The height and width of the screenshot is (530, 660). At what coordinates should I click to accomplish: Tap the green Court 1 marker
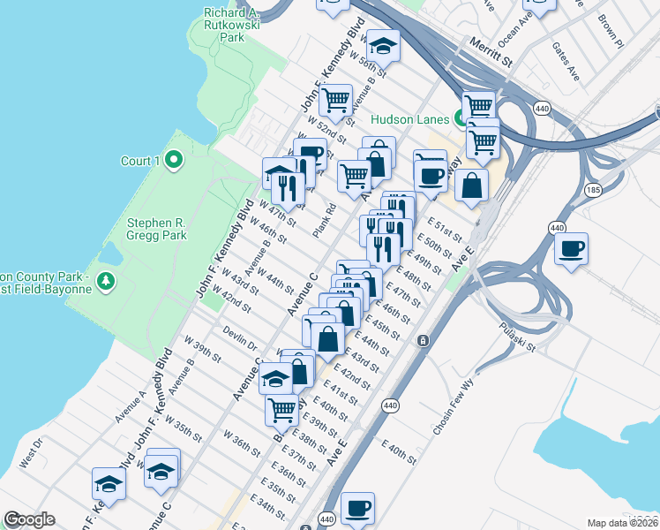(x=174, y=160)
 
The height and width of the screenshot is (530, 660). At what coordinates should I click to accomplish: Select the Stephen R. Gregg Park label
(x=156, y=230)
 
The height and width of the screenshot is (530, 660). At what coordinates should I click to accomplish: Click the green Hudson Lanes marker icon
(x=459, y=118)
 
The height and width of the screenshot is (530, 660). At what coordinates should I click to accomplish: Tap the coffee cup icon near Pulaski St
(x=572, y=246)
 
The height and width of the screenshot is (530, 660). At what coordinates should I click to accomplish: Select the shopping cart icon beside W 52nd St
(x=335, y=100)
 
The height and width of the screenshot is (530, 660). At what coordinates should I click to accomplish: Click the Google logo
(x=29, y=519)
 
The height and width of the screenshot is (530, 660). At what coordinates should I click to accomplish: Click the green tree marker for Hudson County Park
(x=107, y=281)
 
